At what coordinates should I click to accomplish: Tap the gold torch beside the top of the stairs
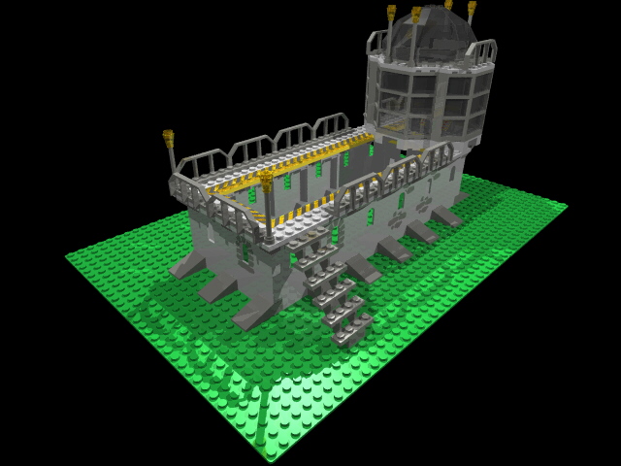(266, 181)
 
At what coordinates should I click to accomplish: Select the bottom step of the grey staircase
(350, 330)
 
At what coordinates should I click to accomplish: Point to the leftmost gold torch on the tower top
(391, 13)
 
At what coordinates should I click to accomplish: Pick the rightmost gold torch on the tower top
(472, 9)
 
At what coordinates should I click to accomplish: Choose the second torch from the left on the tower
(416, 15)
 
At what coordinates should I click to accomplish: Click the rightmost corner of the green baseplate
(566, 205)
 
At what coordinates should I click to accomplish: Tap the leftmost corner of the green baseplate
(67, 257)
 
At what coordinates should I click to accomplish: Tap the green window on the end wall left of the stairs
(245, 253)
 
